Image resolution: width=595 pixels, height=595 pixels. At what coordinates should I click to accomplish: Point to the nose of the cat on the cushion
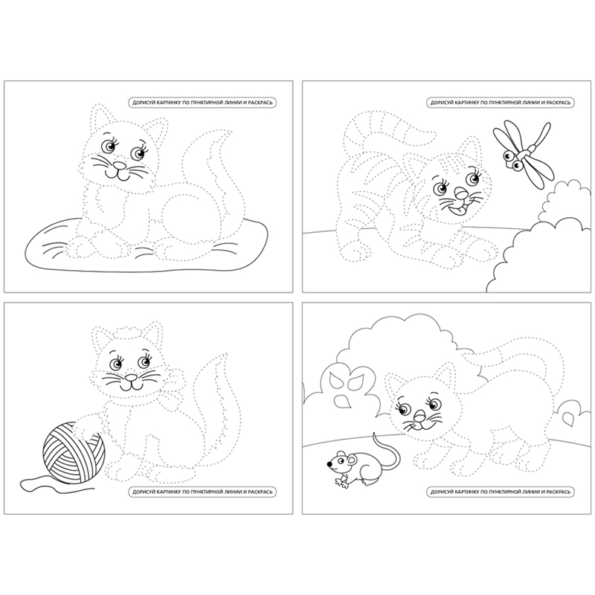tap(120, 165)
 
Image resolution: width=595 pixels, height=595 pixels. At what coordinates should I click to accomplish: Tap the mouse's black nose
tap(329, 463)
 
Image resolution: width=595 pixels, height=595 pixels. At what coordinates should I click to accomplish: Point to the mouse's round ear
tap(353, 461)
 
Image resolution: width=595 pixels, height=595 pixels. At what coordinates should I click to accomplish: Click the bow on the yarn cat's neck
tap(173, 391)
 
